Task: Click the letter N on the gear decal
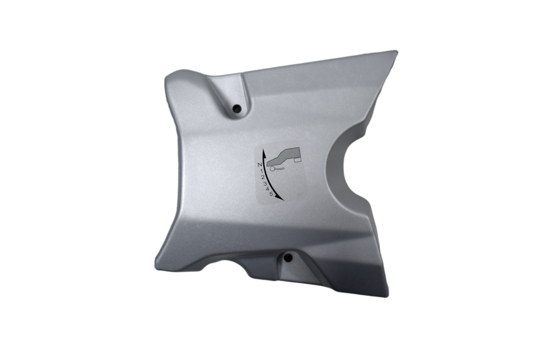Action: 259,164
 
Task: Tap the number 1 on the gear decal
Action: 262,171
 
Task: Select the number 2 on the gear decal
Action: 263,177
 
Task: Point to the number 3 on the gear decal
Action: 265,184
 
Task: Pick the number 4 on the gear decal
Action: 268,189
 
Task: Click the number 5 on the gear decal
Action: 272,194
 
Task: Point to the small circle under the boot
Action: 272,169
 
